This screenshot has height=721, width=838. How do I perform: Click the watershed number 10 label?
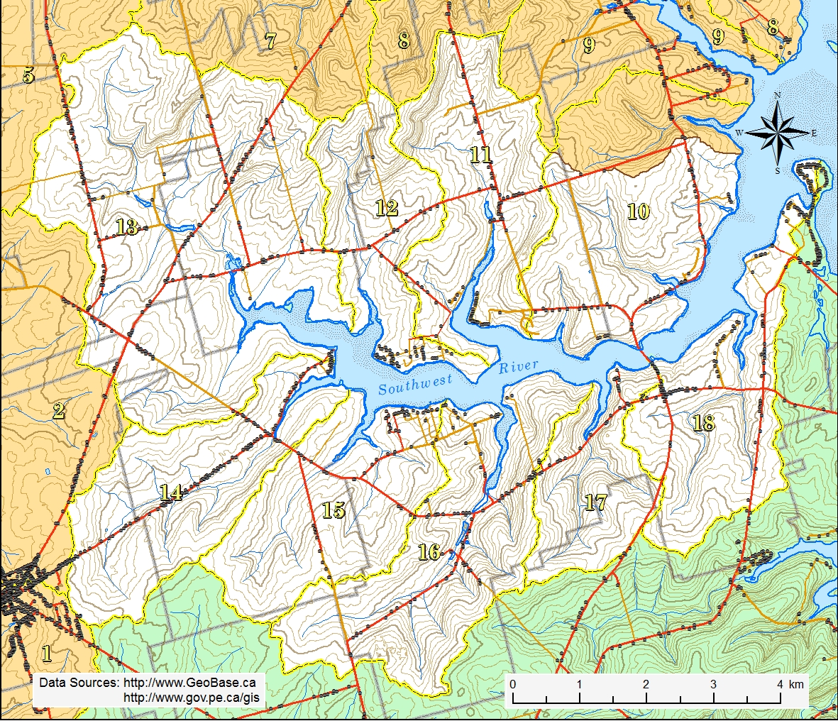[x=638, y=211]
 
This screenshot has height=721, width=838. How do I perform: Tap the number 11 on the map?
[x=481, y=154]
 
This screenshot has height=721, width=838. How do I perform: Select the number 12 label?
[x=386, y=208]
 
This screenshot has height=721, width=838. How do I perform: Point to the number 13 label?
[x=126, y=227]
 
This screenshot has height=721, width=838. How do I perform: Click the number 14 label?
[x=170, y=492]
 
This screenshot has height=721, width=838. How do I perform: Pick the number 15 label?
[x=333, y=510]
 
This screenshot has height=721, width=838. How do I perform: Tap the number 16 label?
[x=429, y=551]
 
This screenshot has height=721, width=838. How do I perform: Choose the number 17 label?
[x=595, y=502]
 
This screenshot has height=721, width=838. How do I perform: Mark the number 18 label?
[x=702, y=423]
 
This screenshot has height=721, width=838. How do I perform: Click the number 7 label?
[x=270, y=41]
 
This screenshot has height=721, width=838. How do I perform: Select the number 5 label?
[x=28, y=75]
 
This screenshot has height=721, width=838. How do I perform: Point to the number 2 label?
[x=58, y=410]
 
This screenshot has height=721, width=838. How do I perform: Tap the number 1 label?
[x=47, y=652]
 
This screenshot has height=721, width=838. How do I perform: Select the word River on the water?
[x=518, y=367]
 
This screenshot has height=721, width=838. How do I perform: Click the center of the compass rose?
[x=778, y=133]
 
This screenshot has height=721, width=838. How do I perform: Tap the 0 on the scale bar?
[x=512, y=684]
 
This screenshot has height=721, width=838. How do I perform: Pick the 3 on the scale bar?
[x=712, y=684]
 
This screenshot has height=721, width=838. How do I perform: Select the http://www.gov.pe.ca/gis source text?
[x=189, y=698]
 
